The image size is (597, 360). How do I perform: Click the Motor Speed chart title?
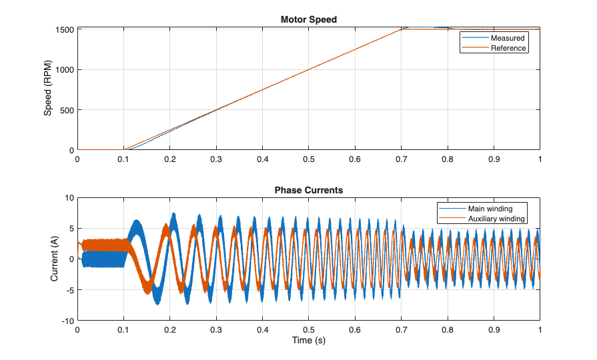click(x=308, y=19)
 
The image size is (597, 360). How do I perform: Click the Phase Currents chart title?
click(x=308, y=190)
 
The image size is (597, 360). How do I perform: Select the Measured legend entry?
click(x=508, y=38)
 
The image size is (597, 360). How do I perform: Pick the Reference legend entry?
click(x=508, y=48)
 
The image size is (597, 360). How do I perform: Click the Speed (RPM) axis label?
click(x=48, y=89)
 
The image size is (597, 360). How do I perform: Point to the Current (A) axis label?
click(x=55, y=259)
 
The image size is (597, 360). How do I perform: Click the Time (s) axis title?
click(x=308, y=341)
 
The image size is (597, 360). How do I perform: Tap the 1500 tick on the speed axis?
click(x=65, y=30)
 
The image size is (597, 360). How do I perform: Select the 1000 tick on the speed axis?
click(x=65, y=70)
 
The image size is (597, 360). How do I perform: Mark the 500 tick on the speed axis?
click(x=67, y=110)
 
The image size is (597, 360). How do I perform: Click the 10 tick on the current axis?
click(x=69, y=198)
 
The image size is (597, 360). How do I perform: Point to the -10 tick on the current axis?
click(x=67, y=321)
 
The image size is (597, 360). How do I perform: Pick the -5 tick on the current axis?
click(x=69, y=290)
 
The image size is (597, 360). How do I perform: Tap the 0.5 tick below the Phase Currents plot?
click(x=308, y=330)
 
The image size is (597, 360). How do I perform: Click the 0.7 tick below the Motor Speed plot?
click(x=401, y=159)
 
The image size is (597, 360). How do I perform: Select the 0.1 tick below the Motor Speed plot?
click(x=123, y=159)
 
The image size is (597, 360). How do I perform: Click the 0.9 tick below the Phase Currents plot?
click(x=494, y=330)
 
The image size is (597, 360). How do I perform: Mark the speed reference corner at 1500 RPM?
click(x=401, y=29)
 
